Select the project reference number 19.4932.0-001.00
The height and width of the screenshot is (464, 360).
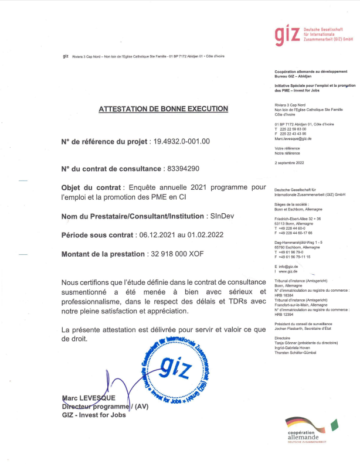point(181,142)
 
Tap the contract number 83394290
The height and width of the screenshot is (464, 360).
point(184,169)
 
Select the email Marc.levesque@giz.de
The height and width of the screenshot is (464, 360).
point(293,138)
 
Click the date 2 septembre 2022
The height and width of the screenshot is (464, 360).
point(290,163)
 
